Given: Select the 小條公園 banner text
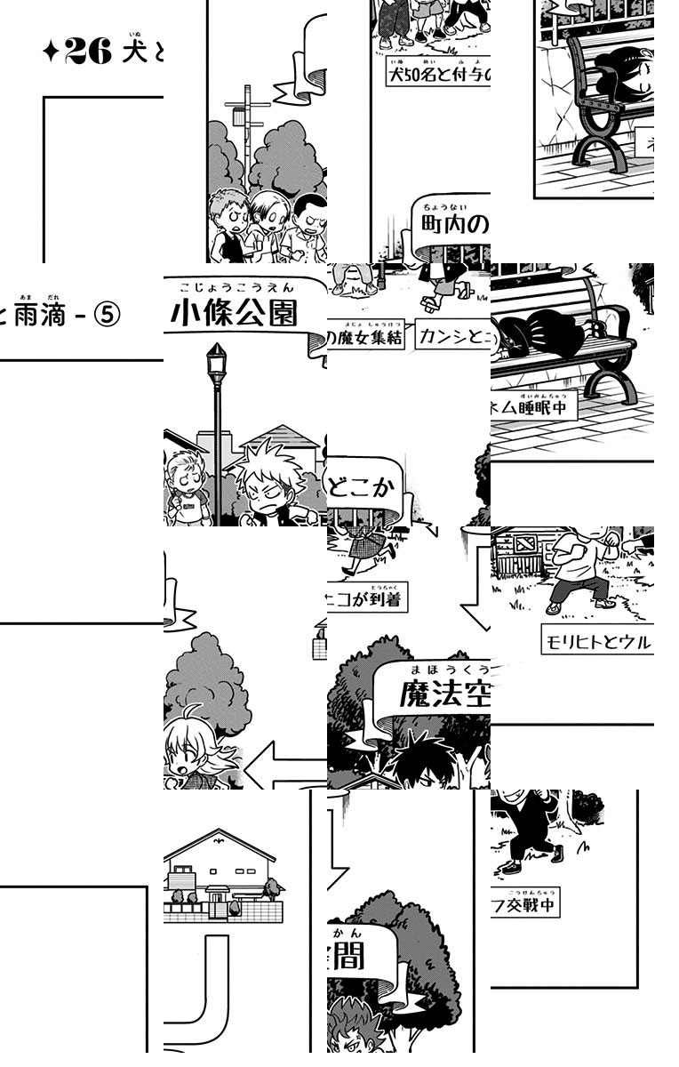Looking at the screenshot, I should point(234,313).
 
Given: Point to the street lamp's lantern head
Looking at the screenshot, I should point(216,363).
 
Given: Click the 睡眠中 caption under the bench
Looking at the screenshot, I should point(533,406).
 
